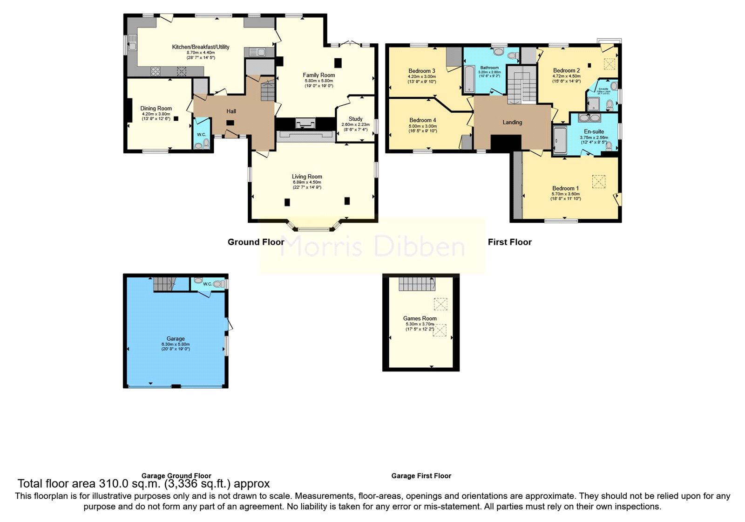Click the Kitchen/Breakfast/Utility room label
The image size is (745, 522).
point(201,47)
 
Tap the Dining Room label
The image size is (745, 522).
point(156,108)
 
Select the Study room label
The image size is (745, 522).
point(355,119)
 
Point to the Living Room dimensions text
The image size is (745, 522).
point(307,185)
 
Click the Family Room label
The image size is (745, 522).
point(318,75)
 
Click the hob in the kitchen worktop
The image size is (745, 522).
point(155,71)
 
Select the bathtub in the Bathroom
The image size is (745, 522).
point(468,79)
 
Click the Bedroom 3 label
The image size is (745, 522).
point(422,71)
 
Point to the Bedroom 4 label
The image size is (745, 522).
point(422,120)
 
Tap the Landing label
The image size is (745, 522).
point(512,122)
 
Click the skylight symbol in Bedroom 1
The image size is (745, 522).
point(598,181)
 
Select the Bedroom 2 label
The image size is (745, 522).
point(566,70)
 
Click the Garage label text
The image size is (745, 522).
point(176,339)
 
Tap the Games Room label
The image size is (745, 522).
point(420,318)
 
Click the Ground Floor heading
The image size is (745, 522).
point(256,242)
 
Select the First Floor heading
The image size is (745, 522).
point(509,242)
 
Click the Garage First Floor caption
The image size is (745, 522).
point(421,476)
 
